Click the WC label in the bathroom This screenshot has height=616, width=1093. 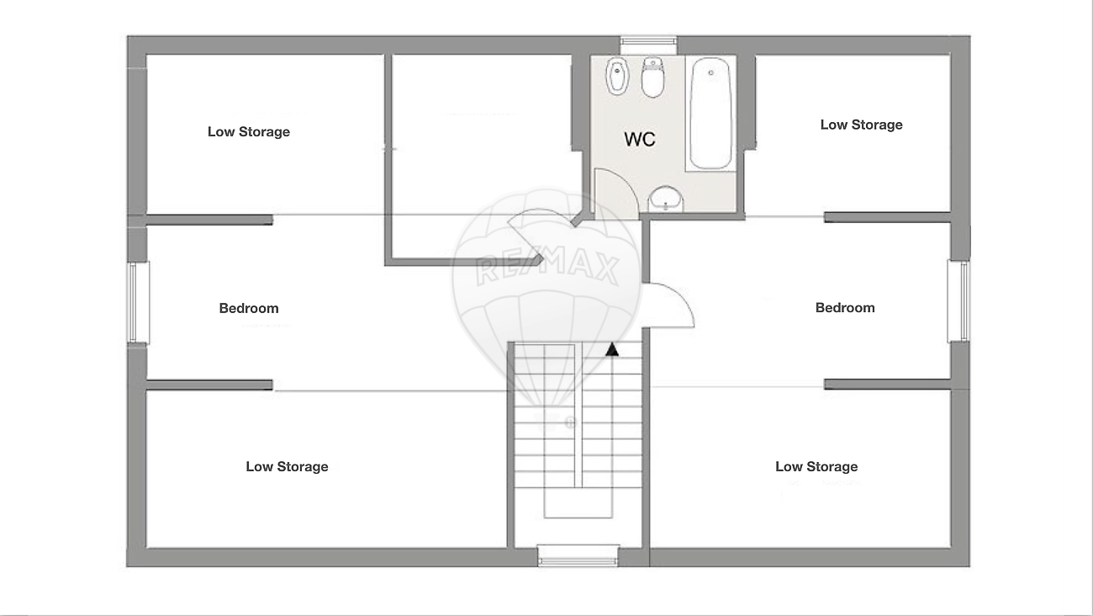pos(639,139)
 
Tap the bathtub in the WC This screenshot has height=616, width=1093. pos(710,114)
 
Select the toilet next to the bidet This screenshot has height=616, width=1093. pos(652,77)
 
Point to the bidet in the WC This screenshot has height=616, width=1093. pos(617,76)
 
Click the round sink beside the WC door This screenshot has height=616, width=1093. pos(666,199)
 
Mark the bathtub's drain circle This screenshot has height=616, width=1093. pos(711,72)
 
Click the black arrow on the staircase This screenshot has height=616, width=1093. pos(612,350)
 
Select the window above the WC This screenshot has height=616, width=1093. pos(648,45)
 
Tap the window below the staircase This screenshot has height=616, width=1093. pos(578,556)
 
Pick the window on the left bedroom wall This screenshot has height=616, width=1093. pos(138,303)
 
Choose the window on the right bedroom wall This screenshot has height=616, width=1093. pos(958,301)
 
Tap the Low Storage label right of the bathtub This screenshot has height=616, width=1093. pos(861,125)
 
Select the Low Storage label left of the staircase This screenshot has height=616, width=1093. pos(287,466)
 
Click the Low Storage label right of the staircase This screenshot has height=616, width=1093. pos(816,466)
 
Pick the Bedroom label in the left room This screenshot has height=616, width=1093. pos(249,308)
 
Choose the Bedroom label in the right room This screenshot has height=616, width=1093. pos(845,308)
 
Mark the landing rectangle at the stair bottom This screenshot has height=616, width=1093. pos(578,502)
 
